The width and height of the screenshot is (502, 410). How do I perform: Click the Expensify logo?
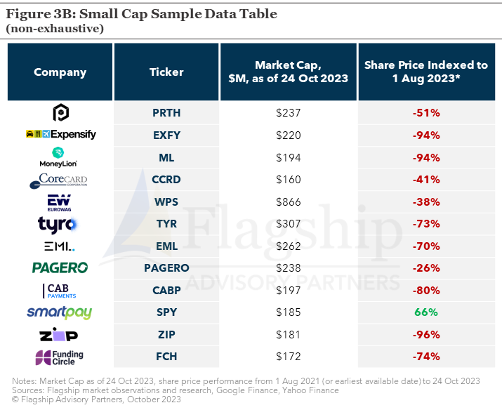click(x=60, y=134)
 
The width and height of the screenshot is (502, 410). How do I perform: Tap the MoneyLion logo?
click(x=58, y=157)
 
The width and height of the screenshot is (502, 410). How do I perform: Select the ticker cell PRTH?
click(x=166, y=113)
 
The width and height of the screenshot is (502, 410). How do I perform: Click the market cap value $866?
click(x=288, y=202)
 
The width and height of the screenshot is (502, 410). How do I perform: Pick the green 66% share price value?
click(x=425, y=312)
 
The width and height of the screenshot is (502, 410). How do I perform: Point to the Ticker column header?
click(x=166, y=72)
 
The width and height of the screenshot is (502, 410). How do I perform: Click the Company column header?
click(x=60, y=72)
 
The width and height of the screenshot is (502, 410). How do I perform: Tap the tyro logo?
click(x=58, y=225)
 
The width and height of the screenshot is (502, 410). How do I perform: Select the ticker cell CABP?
click(x=166, y=290)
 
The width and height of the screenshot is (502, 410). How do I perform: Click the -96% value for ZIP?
click(x=426, y=334)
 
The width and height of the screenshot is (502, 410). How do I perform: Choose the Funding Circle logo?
click(x=59, y=357)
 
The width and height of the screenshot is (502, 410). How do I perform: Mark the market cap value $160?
click(x=288, y=180)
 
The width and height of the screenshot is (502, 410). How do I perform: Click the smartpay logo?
click(x=59, y=312)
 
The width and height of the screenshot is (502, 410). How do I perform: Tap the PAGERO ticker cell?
click(x=166, y=268)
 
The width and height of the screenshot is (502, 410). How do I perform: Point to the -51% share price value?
click(x=426, y=113)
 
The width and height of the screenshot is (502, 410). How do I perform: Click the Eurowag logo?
click(x=59, y=203)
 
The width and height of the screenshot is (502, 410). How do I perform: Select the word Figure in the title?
click(x=28, y=14)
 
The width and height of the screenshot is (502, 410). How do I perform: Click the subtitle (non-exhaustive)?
click(x=55, y=29)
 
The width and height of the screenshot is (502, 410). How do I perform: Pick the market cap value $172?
click(x=288, y=356)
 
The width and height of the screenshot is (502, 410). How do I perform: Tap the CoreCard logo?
click(x=58, y=180)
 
